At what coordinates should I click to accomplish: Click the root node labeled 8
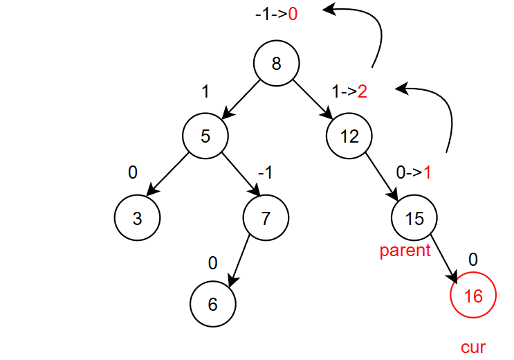click(277, 64)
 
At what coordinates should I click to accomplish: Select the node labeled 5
click(205, 136)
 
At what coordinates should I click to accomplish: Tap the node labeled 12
click(349, 136)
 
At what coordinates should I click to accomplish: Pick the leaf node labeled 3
click(137, 218)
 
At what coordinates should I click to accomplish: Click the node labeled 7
click(266, 218)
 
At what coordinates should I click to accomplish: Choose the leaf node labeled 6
click(212, 305)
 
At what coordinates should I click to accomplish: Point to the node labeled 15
click(414, 218)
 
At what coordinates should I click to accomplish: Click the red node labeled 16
click(473, 296)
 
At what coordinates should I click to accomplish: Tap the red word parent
click(405, 251)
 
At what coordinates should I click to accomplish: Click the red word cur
click(473, 347)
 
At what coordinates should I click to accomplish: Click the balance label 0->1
click(413, 172)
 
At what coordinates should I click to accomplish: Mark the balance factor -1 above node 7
click(264, 172)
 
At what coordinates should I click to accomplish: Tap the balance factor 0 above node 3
click(134, 172)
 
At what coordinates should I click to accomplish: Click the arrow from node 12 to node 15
click(382, 177)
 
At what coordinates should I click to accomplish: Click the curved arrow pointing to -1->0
click(370, 28)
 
